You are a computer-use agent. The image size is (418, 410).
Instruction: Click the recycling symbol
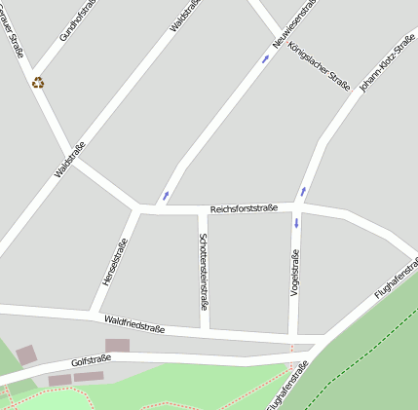(38, 83)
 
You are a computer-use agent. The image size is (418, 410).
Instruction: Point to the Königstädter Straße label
(320, 67)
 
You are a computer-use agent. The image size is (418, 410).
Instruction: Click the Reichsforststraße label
(245, 208)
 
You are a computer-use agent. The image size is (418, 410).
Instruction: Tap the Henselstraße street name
(115, 262)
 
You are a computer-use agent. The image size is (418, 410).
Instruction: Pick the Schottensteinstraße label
(203, 271)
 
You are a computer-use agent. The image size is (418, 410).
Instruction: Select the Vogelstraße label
(294, 274)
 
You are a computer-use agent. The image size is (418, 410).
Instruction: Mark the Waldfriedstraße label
(134, 323)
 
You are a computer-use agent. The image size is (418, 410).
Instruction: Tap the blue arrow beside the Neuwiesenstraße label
(266, 58)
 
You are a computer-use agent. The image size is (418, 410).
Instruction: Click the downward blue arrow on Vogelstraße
(296, 223)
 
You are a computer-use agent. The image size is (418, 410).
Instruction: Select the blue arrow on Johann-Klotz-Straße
(303, 191)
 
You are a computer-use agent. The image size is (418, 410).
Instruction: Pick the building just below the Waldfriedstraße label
(117, 345)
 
